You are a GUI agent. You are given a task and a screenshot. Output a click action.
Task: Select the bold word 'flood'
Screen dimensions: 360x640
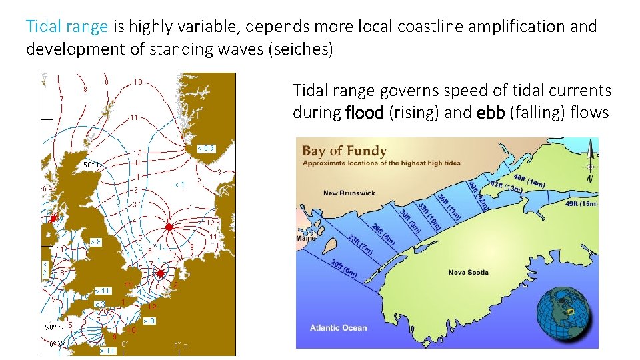pos(365,113)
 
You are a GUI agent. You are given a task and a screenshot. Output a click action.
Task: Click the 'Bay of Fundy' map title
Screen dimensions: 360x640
pos(344,151)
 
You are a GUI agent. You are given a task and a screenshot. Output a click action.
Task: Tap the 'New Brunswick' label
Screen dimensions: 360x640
pos(349,193)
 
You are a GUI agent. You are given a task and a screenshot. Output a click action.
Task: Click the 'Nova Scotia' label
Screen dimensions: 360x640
pos(468,272)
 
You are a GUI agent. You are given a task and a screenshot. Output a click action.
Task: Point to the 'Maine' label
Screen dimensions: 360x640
pos(306,238)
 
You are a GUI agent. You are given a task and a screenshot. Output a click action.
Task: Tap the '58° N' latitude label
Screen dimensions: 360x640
pos(92,165)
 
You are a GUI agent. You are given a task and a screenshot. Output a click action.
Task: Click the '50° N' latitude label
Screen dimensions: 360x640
pos(54,327)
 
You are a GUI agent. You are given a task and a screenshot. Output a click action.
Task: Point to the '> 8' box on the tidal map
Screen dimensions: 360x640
pos(149,321)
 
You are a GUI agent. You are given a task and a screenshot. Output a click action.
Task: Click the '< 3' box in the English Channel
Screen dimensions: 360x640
pos(99,304)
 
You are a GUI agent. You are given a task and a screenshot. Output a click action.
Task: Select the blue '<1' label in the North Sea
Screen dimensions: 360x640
pos(179,184)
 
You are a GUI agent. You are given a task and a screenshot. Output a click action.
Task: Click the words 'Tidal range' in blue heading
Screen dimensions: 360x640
pos(66,27)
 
